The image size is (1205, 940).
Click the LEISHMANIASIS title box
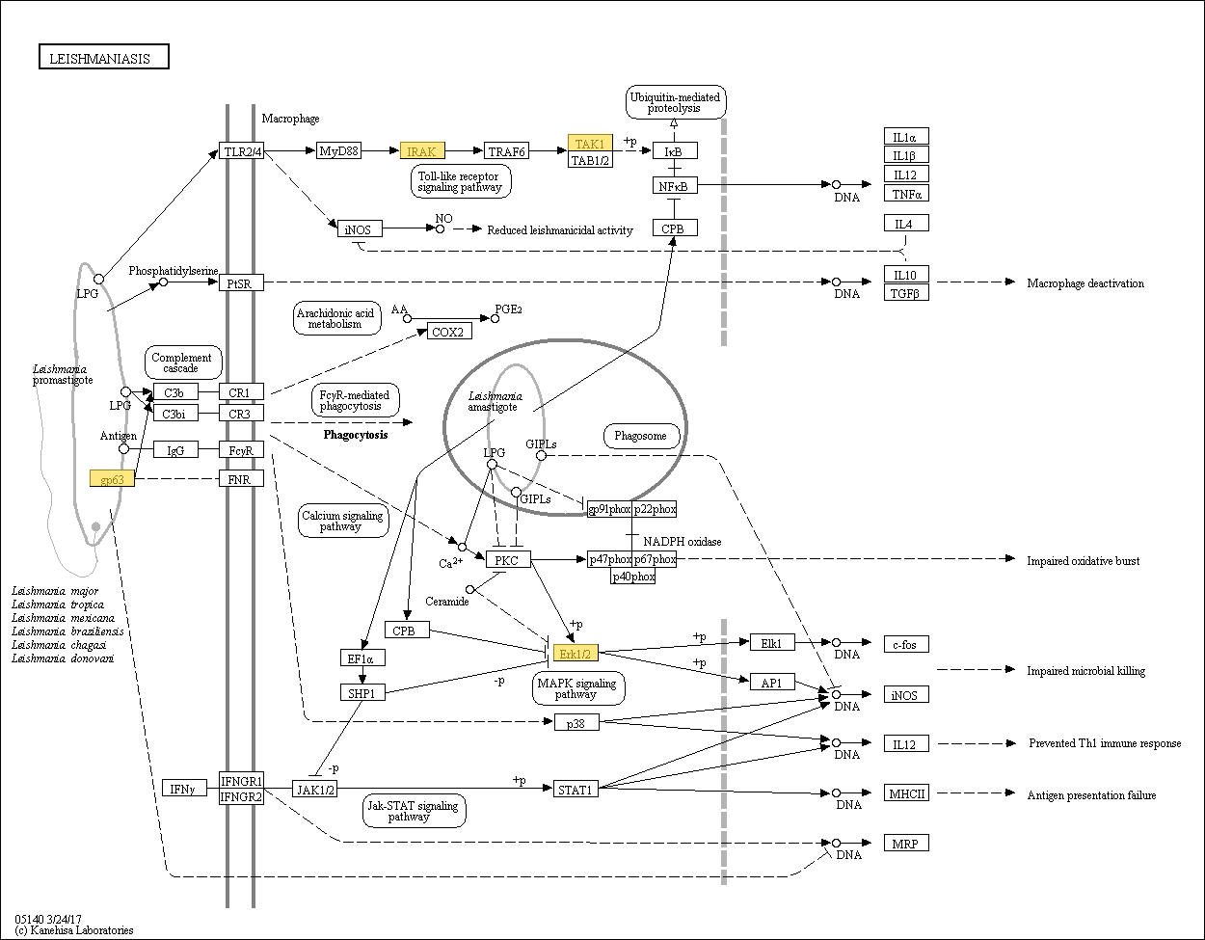tap(104, 57)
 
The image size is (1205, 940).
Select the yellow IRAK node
tap(422, 150)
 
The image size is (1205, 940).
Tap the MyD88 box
tap(338, 150)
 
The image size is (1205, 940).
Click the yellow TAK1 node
tap(590, 143)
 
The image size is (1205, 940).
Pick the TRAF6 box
tap(506, 150)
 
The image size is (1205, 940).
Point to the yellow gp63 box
tap(112, 478)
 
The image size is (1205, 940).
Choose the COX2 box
tap(449, 332)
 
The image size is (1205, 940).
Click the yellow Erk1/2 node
tap(576, 654)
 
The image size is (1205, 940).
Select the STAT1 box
tap(576, 790)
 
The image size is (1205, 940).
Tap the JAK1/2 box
tap(314, 790)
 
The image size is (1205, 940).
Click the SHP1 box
tap(362, 692)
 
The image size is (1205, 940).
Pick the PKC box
tap(508, 559)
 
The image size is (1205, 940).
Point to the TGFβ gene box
tap(906, 293)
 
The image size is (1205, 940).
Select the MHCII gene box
tap(906, 793)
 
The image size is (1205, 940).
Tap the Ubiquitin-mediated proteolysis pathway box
tap(676, 102)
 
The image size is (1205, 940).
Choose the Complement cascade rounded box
tap(183, 363)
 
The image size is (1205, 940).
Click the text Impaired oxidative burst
tap(1083, 561)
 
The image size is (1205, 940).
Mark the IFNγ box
tap(184, 788)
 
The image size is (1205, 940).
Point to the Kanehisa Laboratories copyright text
tap(74, 930)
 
